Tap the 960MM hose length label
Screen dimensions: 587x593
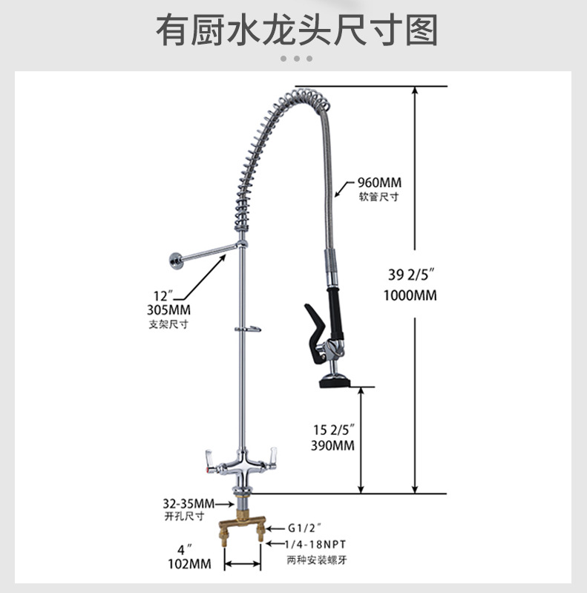(x=378, y=183)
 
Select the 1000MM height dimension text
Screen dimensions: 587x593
(x=410, y=295)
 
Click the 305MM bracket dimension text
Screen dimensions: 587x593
(x=170, y=310)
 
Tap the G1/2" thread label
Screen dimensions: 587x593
(x=305, y=529)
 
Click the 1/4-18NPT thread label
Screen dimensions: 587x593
(x=315, y=545)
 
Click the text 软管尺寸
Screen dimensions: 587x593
(x=378, y=197)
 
